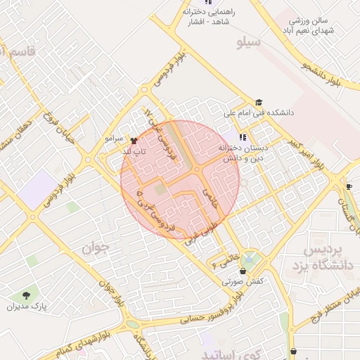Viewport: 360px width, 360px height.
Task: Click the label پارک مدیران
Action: pos(25,307)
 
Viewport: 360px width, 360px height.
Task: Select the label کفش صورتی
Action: pos(243,281)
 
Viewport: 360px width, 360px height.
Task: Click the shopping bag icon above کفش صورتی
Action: pos(243,271)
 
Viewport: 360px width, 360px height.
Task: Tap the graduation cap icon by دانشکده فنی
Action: pos(259,102)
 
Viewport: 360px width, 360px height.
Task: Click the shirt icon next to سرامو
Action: pos(134,140)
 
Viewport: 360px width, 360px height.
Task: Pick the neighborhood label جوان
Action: pos(96,247)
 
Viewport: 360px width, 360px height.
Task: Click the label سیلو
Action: pos(247,43)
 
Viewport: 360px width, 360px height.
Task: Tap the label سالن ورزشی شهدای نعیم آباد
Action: pos(307,26)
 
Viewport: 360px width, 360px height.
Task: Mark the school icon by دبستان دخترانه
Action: pos(243,137)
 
